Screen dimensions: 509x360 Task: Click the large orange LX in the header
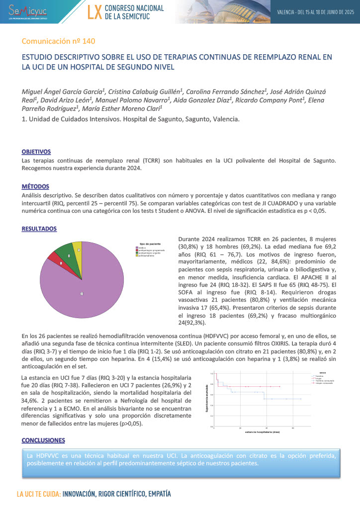pos(94,12)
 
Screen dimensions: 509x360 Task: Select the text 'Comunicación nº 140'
pos(59,41)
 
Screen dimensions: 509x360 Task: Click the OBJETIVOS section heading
pos(36,152)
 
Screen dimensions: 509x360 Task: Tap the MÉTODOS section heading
pos(35,186)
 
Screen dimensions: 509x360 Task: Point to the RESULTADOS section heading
pos(39,229)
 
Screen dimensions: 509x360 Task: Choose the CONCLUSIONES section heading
pos(43,440)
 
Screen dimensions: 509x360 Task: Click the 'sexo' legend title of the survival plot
pos(323,371)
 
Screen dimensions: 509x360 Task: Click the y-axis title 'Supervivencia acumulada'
pos(206,397)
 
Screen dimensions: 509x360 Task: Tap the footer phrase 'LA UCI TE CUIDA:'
pos(38,495)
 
